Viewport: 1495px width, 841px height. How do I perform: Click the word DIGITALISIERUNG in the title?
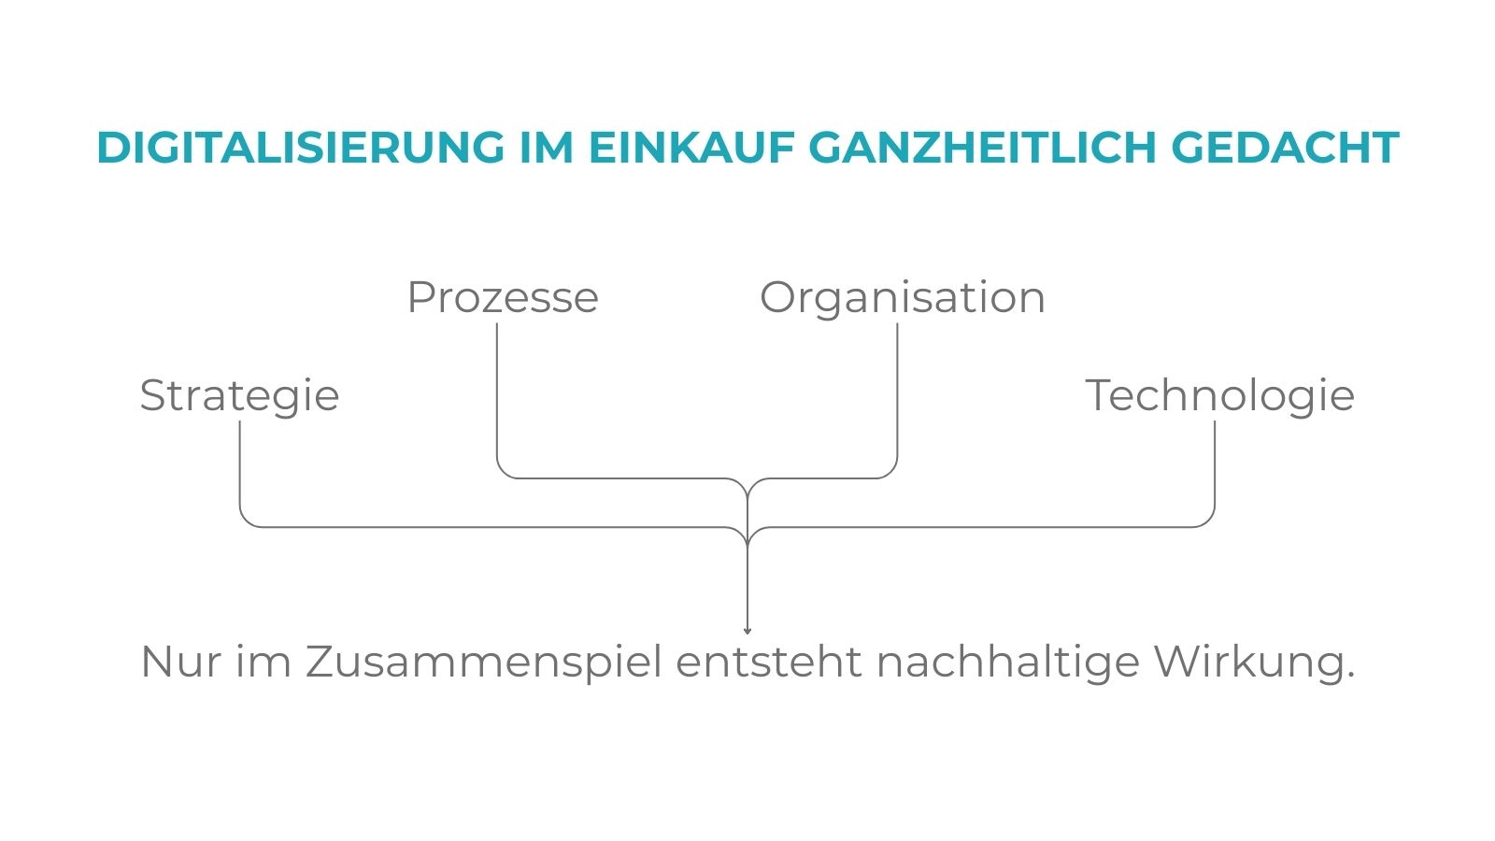[300, 148]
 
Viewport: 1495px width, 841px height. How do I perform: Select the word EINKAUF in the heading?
[691, 148]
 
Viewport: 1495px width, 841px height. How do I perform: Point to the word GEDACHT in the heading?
[1285, 148]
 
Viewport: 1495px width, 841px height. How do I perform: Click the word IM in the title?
[546, 148]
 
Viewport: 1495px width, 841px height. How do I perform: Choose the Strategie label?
[239, 395]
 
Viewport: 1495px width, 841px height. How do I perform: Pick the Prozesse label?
[503, 298]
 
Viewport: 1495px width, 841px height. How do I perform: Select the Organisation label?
[902, 298]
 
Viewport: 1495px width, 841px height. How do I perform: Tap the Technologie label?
[1219, 395]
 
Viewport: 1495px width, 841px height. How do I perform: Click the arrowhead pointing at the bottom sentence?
[747, 631]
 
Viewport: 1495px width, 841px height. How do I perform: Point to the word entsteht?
[769, 662]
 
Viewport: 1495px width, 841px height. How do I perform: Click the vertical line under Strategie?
[240, 467]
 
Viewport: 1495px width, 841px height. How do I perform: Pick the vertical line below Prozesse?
[497, 392]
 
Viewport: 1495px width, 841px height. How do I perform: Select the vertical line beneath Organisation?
[897, 392]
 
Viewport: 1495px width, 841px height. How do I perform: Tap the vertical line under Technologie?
[1215, 467]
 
